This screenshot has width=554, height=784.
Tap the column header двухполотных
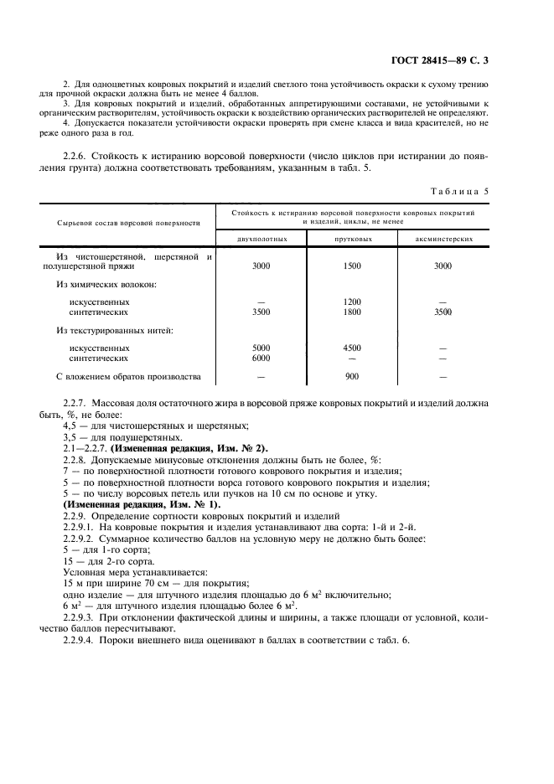261,239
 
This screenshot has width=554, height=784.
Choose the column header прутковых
352,239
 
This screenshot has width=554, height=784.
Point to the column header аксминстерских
443,239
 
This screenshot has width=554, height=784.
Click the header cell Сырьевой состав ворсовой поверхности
128,223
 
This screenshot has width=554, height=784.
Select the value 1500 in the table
352,266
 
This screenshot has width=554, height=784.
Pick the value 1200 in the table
352,302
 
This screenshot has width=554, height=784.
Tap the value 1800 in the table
352,312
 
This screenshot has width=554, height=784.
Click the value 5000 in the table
261,347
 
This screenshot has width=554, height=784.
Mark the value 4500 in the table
352,347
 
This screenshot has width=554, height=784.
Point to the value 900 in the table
352,376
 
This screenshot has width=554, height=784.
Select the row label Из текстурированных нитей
114,330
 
